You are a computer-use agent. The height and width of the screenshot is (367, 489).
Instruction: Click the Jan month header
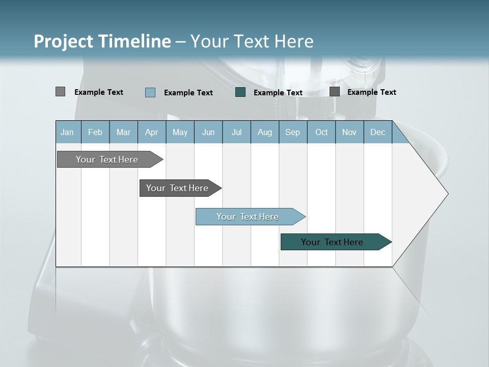(x=68, y=132)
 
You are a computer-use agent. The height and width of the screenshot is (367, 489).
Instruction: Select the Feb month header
(x=95, y=132)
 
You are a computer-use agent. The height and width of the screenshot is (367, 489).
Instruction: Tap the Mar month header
(x=123, y=132)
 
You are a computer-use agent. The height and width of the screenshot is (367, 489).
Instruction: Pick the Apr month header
(x=152, y=132)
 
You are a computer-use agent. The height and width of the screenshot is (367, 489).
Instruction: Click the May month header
(x=180, y=132)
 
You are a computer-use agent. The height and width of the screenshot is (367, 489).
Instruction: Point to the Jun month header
(x=208, y=132)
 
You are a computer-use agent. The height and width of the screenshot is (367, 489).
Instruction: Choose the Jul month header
(x=236, y=132)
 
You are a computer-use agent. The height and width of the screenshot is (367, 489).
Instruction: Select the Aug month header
(x=265, y=132)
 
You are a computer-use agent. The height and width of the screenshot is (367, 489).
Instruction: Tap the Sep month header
(x=293, y=132)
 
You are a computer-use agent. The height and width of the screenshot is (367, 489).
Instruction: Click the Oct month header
(x=321, y=132)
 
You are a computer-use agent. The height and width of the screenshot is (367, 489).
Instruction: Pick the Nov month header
(x=349, y=132)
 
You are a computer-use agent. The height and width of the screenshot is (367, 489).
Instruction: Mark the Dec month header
(x=378, y=132)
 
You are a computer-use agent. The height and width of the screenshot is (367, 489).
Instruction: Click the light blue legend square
(x=150, y=92)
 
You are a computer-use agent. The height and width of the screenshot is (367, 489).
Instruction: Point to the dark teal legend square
(x=240, y=92)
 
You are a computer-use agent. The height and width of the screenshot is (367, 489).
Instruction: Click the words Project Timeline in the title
(x=102, y=41)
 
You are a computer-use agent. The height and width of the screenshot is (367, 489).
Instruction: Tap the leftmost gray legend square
(x=61, y=92)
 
